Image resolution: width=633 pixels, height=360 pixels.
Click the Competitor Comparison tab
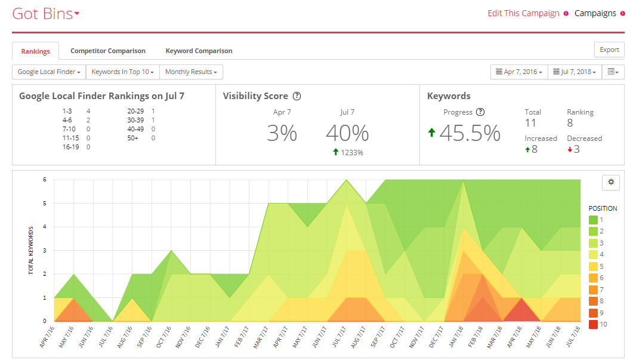coord(108,51)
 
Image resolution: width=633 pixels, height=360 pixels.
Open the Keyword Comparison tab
coord(199,51)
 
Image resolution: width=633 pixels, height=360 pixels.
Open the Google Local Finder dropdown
coord(49,72)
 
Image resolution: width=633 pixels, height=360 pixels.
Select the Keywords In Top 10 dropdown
coord(123,72)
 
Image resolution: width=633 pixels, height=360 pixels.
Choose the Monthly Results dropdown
coord(191,72)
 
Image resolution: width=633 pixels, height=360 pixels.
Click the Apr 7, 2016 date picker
coord(519,72)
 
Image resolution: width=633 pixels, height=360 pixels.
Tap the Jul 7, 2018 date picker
coord(575,72)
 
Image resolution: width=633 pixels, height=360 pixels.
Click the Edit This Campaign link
coord(524,13)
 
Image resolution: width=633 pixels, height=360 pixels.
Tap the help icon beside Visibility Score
coord(297,96)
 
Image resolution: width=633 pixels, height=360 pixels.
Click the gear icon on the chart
coord(611,182)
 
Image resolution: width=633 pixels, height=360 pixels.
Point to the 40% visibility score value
coord(347,133)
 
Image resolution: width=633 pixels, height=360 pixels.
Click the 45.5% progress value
coord(470,133)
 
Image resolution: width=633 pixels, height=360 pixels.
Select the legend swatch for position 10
coord(593,324)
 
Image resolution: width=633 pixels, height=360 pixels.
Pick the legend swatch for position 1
coord(593,220)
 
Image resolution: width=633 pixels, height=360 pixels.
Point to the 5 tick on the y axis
coord(45,203)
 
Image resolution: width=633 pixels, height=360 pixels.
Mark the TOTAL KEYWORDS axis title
coord(30,251)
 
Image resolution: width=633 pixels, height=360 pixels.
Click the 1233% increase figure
coord(351,153)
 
